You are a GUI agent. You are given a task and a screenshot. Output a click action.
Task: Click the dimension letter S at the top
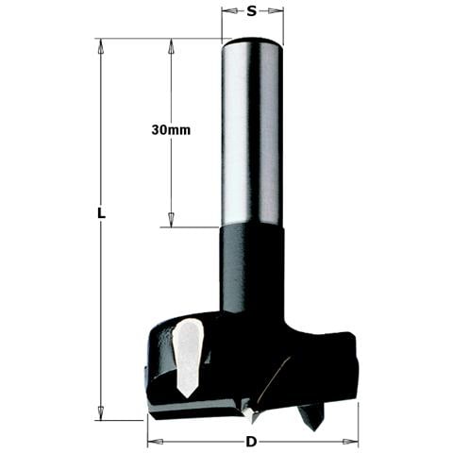pyautogui.click(x=252, y=12)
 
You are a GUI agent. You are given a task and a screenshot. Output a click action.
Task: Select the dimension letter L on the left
pyautogui.click(x=100, y=214)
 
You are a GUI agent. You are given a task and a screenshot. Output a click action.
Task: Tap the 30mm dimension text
pyautogui.click(x=171, y=130)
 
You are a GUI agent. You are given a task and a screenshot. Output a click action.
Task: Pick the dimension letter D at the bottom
pyautogui.click(x=253, y=442)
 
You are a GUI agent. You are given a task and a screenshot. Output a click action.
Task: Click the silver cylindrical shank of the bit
pyautogui.click(x=252, y=132)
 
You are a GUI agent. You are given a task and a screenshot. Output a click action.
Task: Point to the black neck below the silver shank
pyautogui.click(x=252, y=274)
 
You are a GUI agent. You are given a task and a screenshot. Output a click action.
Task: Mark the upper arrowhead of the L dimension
pyautogui.click(x=100, y=43)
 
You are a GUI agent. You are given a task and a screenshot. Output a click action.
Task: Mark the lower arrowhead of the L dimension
pyautogui.click(x=100, y=415)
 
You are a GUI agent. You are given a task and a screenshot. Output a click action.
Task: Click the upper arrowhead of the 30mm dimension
pyautogui.click(x=171, y=43)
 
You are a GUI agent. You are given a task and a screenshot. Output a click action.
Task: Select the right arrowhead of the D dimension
pyautogui.click(x=355, y=442)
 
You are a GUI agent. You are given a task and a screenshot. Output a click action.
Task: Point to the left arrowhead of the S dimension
pyautogui.click(x=226, y=12)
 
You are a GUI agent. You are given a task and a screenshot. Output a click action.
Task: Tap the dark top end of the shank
pyautogui.click(x=252, y=42)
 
